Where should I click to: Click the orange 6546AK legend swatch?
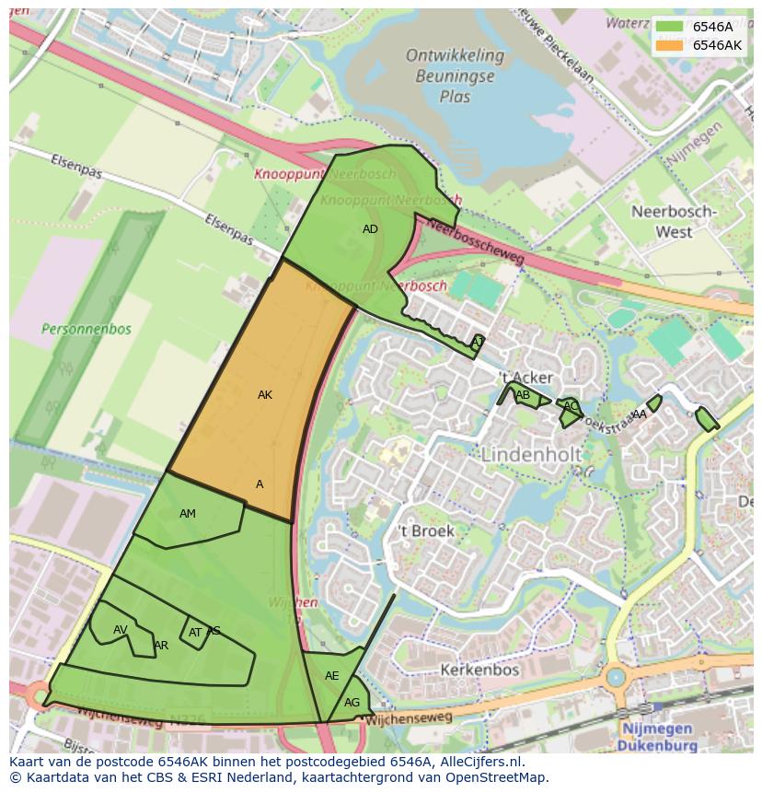pos(669,45)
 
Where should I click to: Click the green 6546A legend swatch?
pos(669,27)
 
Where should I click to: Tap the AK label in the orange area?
pos(265,395)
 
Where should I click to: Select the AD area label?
pos(370,229)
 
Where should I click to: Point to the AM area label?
pos(188,514)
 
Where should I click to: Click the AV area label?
pos(121,630)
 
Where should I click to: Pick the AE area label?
pos(332,676)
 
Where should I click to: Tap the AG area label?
pos(352,703)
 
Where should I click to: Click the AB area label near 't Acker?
pos(523,396)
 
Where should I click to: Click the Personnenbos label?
pos(87,329)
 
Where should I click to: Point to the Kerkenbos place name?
pos(480,670)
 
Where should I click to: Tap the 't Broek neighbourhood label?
pos(426,531)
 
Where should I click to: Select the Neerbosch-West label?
pos(674,221)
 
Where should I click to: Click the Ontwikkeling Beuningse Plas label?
pos(455,76)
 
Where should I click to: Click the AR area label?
pos(161,646)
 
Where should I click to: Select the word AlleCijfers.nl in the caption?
pos(479,762)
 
